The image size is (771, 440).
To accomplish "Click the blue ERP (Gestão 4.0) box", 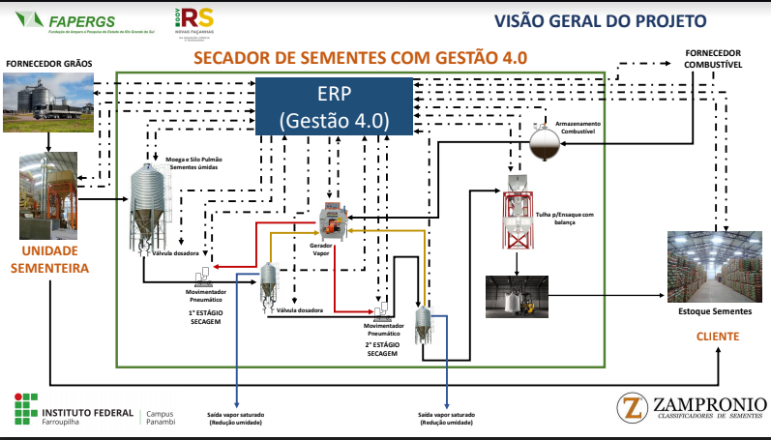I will pyautogui.click(x=333, y=106).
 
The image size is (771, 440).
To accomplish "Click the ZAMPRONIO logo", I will pyautogui.click(x=693, y=407).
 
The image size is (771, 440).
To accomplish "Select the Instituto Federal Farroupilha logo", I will pyautogui.click(x=74, y=410).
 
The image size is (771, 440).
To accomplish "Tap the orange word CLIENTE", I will pyautogui.click(x=718, y=337).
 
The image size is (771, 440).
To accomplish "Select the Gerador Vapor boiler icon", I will pyautogui.click(x=334, y=220).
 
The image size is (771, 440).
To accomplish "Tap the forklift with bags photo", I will pyautogui.click(x=516, y=296).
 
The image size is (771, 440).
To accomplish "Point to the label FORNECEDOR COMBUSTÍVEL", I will pyautogui.click(x=712, y=57).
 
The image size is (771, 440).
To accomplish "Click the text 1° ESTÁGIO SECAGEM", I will pyautogui.click(x=206, y=318).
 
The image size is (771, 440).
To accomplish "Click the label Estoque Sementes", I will pyautogui.click(x=716, y=313).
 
